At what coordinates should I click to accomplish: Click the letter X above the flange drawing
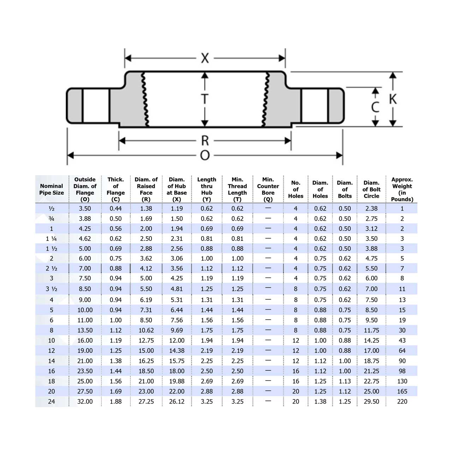205,58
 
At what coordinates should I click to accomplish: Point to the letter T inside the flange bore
204,99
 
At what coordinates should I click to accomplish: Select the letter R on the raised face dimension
205,141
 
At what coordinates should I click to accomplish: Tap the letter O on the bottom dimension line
205,155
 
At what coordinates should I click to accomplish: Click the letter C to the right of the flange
375,107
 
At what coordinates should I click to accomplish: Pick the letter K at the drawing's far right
393,99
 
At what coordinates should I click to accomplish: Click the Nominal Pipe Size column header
52,189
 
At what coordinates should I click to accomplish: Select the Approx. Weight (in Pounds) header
402,189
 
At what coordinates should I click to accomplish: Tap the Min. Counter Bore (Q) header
268,189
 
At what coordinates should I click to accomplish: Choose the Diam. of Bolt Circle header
371,189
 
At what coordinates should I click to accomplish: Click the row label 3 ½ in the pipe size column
52,289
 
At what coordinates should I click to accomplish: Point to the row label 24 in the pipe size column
52,402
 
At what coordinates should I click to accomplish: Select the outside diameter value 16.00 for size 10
85,340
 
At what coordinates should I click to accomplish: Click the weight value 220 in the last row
402,402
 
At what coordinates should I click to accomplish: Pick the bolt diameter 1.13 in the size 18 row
345,381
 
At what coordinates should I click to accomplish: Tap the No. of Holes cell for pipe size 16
296,371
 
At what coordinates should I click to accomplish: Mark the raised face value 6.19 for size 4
146,300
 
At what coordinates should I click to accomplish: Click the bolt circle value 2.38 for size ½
371,209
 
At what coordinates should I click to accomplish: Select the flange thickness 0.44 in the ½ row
115,209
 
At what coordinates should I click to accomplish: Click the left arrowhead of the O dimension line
70,155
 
